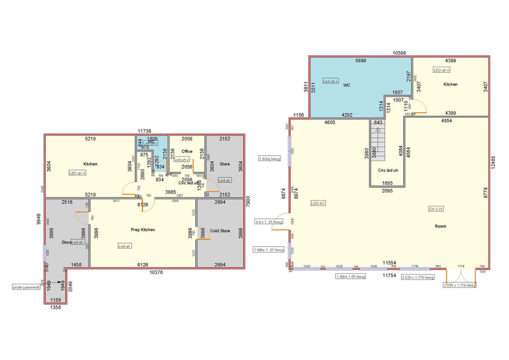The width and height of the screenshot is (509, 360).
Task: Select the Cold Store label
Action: (220, 231)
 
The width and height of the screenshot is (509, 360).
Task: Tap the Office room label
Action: (187, 151)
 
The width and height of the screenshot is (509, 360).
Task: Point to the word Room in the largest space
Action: (440, 226)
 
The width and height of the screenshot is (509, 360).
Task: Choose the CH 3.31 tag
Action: (436, 209)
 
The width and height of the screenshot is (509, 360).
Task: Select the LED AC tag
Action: (318, 203)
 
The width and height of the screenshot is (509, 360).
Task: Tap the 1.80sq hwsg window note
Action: (269, 159)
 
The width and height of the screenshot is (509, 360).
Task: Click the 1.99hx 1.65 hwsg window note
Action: (350, 276)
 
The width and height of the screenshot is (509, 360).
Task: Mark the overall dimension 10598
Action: (400, 53)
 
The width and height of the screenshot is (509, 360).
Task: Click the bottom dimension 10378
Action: (156, 272)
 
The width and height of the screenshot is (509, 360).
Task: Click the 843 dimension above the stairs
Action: (378, 122)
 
